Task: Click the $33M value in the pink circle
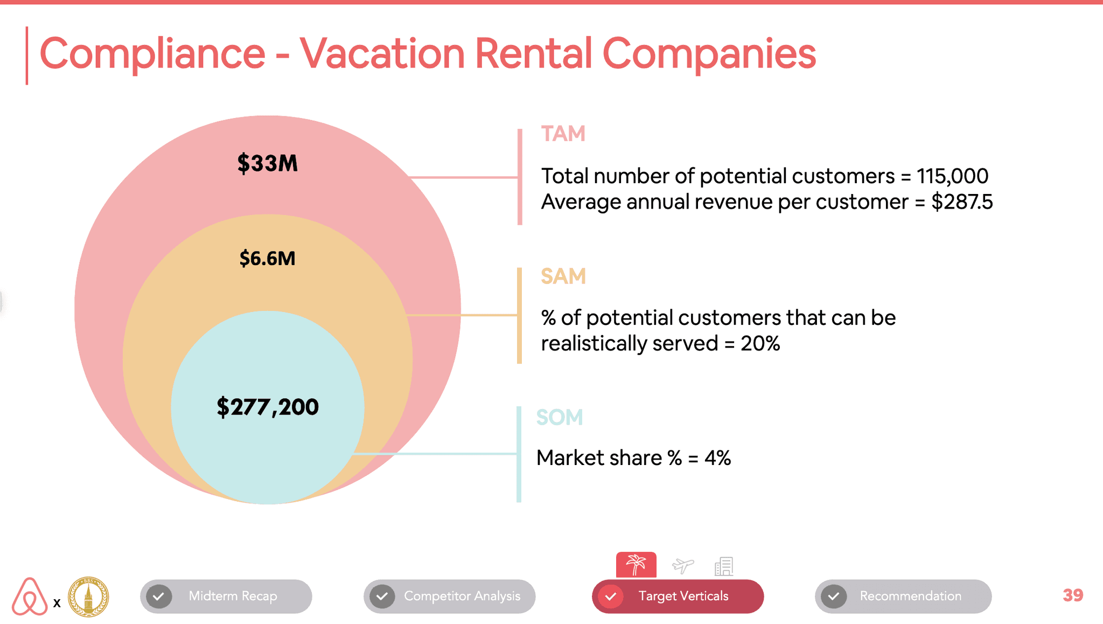coord(267,163)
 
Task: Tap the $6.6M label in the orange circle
coord(267,259)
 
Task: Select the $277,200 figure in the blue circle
coord(268,407)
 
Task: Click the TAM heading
coord(563,134)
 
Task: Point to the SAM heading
coord(563,276)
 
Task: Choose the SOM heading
coord(560,418)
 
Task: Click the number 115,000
coord(952,176)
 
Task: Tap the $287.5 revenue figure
coord(962,202)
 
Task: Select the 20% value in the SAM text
coord(760,344)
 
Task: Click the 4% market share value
coord(717,458)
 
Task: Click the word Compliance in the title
coord(152,54)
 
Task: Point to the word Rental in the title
coord(534,53)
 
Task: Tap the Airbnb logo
coord(30,596)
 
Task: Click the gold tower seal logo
coord(88,597)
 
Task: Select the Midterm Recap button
coord(226,596)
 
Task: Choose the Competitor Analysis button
coord(450,596)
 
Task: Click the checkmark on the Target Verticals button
coord(611,597)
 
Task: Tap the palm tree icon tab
coord(636,565)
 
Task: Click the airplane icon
coord(683,565)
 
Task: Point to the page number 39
coord(1073,595)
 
